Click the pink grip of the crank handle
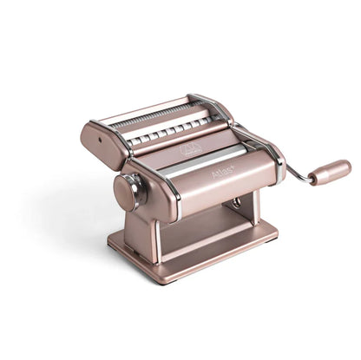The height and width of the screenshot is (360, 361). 329,172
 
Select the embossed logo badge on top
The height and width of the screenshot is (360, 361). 190,150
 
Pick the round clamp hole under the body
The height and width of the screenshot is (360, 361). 235,202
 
